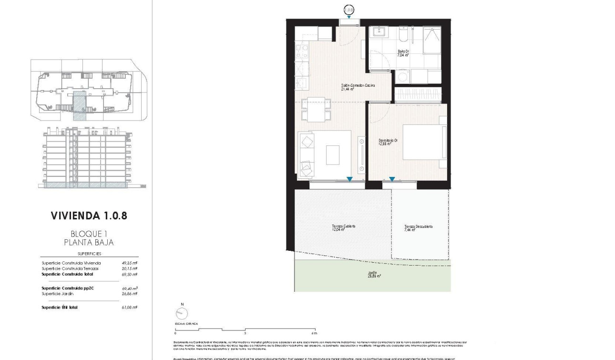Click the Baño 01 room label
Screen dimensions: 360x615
[403, 53]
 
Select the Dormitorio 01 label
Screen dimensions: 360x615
[388, 142]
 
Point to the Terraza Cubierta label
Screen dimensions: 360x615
[343, 228]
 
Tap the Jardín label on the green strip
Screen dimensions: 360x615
[372, 275]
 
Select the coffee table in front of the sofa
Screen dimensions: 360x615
[333, 154]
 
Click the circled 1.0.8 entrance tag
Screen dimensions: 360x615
[349, 9]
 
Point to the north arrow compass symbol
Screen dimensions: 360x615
[182, 313]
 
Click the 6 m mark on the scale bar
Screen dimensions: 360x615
[314, 333]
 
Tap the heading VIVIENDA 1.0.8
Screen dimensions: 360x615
[89, 216]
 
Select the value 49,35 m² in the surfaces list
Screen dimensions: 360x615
[130, 263]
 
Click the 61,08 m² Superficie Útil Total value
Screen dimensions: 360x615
[130, 308]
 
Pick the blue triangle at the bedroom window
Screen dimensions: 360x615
[392, 179]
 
